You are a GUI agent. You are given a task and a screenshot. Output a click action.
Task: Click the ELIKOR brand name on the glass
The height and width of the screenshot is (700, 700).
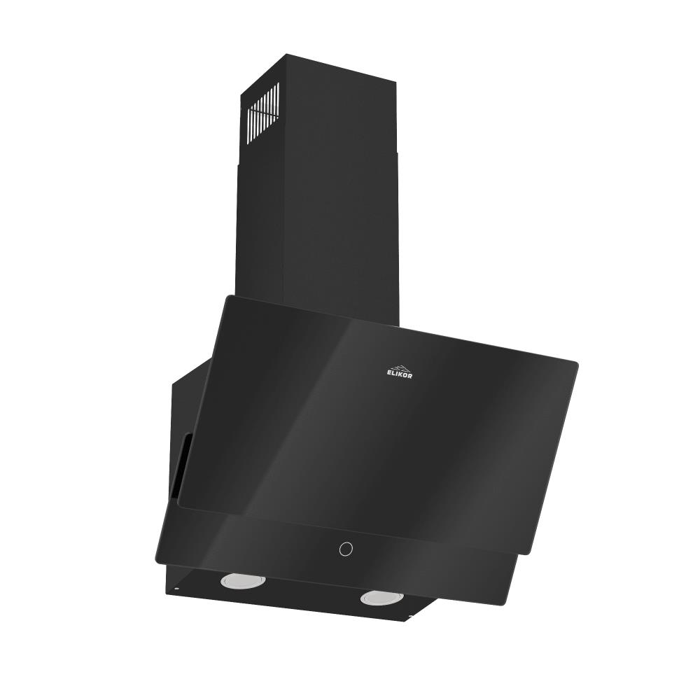pyautogui.click(x=400, y=374)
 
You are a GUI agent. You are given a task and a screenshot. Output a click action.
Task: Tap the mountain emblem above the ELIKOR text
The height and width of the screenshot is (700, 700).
pyautogui.click(x=400, y=366)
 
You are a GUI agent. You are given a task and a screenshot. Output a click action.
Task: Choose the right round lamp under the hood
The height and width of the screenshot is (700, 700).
pyautogui.click(x=381, y=597)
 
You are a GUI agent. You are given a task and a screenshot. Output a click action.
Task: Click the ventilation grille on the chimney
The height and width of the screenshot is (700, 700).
pyautogui.click(x=262, y=113)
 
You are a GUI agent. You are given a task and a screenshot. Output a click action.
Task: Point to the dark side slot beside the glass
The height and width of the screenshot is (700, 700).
pyautogui.click(x=183, y=462)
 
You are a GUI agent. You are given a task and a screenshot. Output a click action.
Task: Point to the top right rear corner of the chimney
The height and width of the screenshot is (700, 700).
pyautogui.click(x=395, y=83)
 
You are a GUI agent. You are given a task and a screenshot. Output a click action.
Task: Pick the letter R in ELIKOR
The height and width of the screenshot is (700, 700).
pyautogui.click(x=410, y=377)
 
